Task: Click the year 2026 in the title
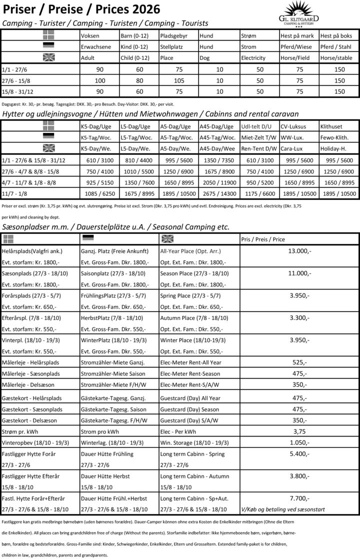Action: point(142,9)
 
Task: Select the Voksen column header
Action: point(90,36)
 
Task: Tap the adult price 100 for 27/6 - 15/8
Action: point(100,80)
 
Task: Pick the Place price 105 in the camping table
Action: point(179,80)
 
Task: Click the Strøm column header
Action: point(248,36)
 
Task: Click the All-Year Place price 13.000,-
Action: point(299,250)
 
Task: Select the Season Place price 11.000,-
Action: point(299,273)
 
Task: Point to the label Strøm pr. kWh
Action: point(20,431)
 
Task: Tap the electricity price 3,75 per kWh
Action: point(299,431)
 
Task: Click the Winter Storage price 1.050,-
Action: point(299,442)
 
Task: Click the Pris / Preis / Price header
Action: point(262,239)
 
